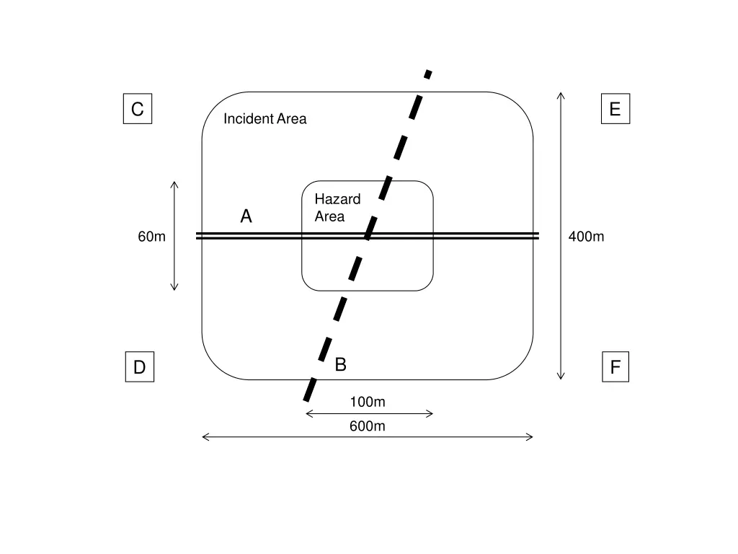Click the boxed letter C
137,109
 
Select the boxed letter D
139,367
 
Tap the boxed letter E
615,109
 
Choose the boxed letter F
615,367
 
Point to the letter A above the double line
246,216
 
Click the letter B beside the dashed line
341,365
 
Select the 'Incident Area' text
264,119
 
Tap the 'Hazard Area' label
337,208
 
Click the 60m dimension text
152,237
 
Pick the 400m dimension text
586,237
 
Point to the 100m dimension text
368,402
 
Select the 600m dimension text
368,426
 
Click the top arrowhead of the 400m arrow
561,94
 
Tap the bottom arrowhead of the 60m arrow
174,288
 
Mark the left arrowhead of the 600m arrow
205,436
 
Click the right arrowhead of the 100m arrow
430,413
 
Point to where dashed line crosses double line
368,236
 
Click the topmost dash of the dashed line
428,74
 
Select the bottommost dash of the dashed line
309,392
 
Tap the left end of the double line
198,236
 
